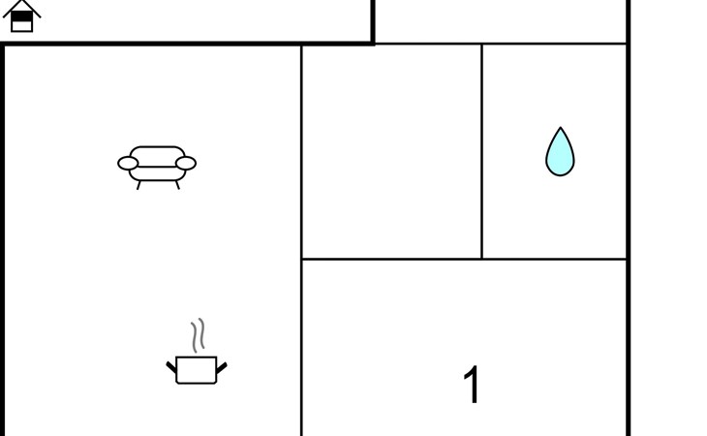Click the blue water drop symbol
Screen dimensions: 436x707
(x=560, y=155)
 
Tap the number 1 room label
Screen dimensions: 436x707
(x=472, y=385)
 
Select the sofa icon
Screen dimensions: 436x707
(x=157, y=165)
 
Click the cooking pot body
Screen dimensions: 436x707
(x=197, y=370)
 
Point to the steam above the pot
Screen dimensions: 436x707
(x=199, y=336)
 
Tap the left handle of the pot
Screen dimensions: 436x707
(x=171, y=366)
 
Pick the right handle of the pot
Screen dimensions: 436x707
(x=222, y=366)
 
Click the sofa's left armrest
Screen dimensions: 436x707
(x=128, y=163)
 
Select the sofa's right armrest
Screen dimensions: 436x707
(x=186, y=163)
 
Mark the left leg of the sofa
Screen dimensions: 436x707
(x=138, y=184)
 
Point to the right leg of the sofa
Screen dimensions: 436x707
(x=177, y=184)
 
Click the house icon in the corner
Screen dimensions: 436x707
(x=21, y=16)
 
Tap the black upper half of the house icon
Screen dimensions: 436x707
(x=21, y=16)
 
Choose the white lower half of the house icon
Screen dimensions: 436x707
(x=21, y=26)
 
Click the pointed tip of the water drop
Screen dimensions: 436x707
(x=560, y=130)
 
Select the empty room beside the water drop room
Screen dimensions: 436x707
(x=391, y=151)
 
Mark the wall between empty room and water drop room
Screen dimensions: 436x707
(x=481, y=151)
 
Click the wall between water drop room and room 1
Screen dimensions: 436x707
(x=555, y=259)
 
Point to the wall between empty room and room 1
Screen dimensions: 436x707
(x=391, y=259)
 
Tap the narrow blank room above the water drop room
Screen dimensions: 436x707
(x=501, y=21)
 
